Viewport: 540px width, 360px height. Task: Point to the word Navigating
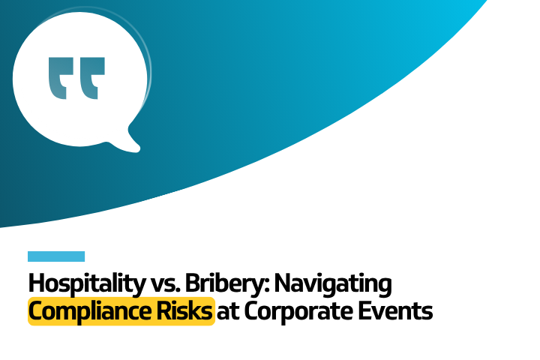coord(334,285)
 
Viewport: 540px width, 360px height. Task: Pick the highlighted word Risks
coord(187,310)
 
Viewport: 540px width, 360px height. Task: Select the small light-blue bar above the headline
coord(56,256)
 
